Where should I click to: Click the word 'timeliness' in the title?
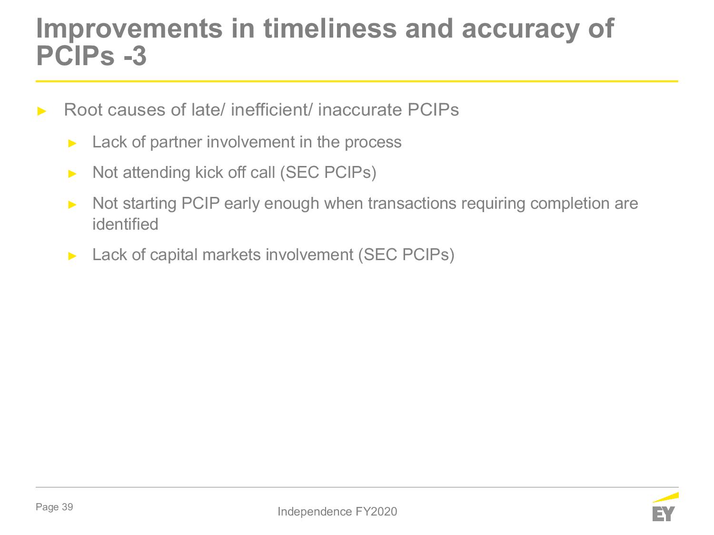pyautogui.click(x=330, y=29)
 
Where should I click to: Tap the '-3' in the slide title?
pyautogui.click(x=135, y=56)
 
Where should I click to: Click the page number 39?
pyautogui.click(x=67, y=507)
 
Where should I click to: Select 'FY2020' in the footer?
pyautogui.click(x=376, y=512)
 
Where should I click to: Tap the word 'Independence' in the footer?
pyautogui.click(x=315, y=512)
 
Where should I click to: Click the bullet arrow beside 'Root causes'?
pyautogui.click(x=41, y=111)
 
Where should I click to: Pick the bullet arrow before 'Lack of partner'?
pyautogui.click(x=72, y=143)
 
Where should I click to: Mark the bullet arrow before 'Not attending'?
pyautogui.click(x=72, y=174)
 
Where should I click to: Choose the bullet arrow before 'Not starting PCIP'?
pyautogui.click(x=72, y=204)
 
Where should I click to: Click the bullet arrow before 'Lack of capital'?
pyautogui.click(x=72, y=256)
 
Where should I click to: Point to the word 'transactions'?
pyautogui.click(x=412, y=204)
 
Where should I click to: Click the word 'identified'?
pyautogui.click(x=125, y=224)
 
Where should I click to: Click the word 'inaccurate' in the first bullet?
pyautogui.click(x=360, y=109)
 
